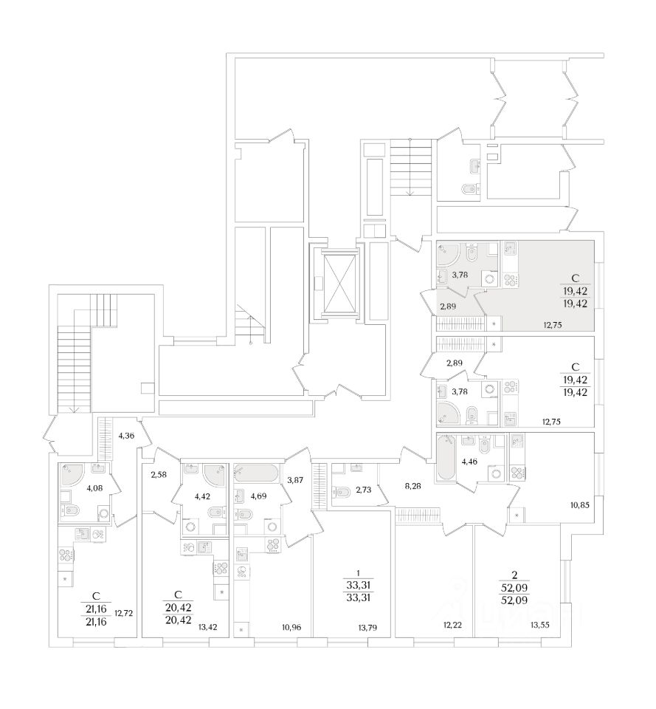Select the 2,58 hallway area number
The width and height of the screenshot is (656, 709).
click(x=159, y=473)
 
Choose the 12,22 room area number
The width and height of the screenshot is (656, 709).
click(x=452, y=625)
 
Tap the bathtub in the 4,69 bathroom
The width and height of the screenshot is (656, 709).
click(x=257, y=473)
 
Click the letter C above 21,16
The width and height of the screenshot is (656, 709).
click(x=95, y=595)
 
